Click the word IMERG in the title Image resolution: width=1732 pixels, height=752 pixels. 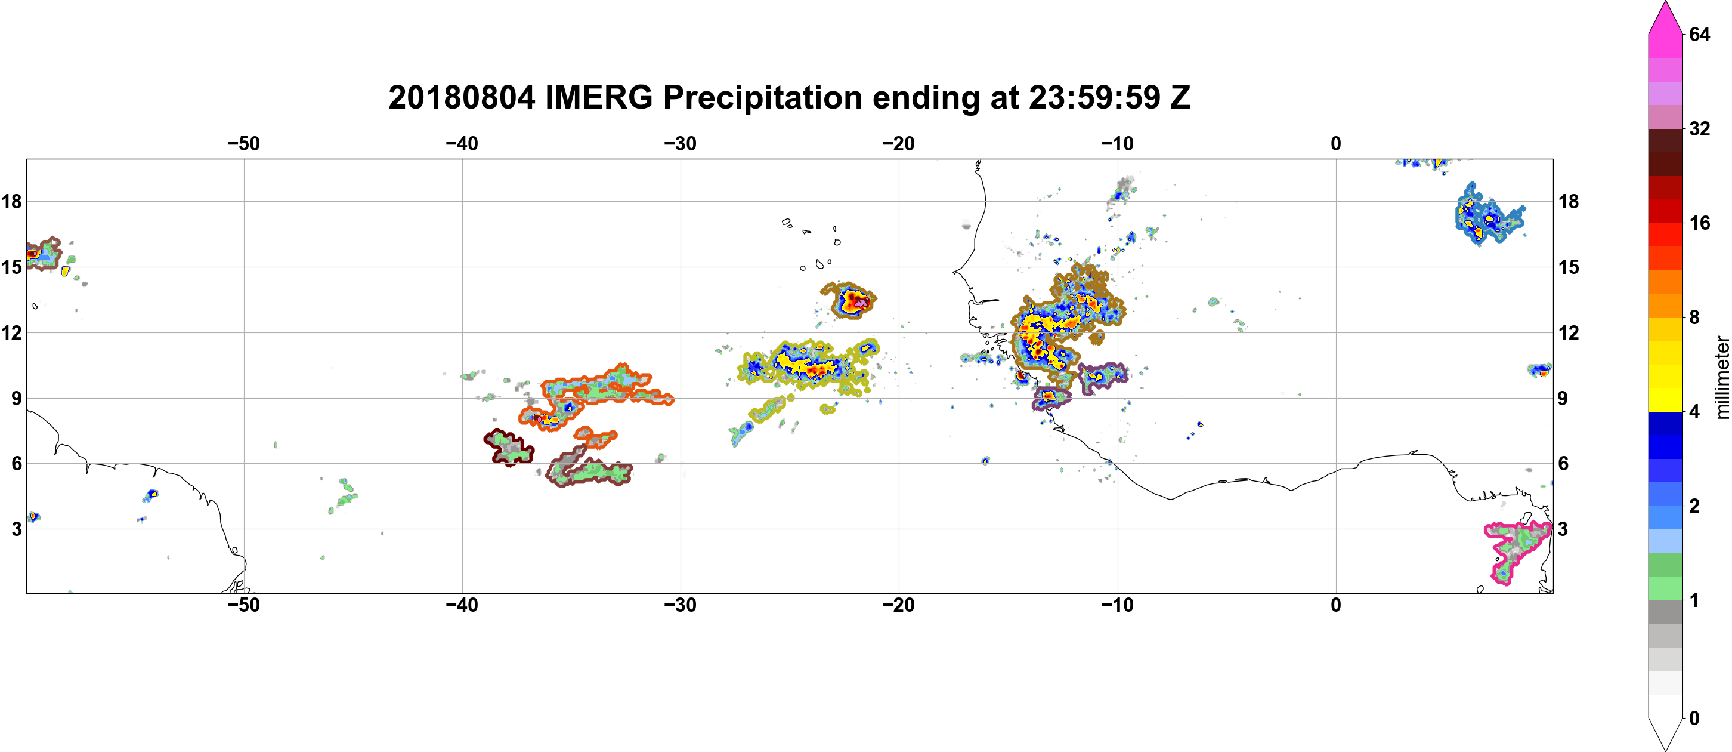(598, 97)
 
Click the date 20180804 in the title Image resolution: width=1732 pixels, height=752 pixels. (461, 97)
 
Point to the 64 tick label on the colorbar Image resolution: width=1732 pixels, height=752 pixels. (1699, 34)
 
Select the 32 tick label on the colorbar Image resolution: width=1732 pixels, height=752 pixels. (1699, 128)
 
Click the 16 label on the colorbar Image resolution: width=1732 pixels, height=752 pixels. (1699, 223)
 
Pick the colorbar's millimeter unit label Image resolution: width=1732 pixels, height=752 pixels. (1722, 377)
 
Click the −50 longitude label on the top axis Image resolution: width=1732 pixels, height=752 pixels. (243, 144)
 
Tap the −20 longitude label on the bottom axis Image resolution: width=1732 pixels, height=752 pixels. (898, 605)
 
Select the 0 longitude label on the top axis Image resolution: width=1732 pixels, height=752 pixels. (1335, 144)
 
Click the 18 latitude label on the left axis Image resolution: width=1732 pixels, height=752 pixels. (11, 201)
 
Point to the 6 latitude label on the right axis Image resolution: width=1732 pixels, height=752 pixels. (1563, 464)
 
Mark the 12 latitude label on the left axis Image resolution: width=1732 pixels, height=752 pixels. (11, 332)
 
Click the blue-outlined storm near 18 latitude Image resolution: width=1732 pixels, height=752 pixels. (1488, 215)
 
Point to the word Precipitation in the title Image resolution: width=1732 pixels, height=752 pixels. (762, 97)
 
